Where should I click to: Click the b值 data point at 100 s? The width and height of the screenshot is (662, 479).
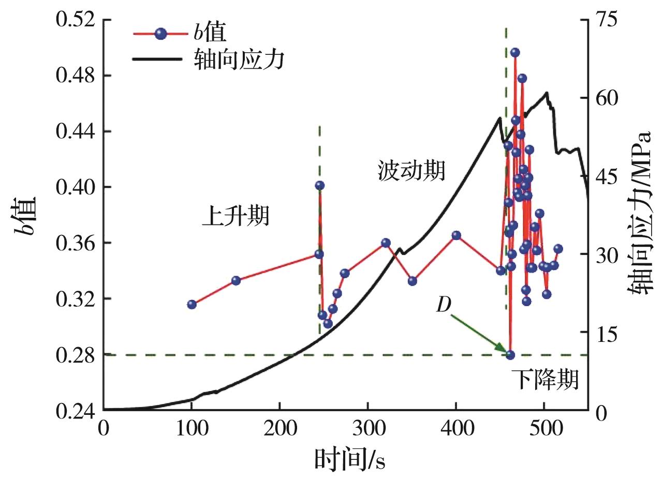[192, 304]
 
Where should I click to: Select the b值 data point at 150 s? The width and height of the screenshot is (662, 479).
[236, 280]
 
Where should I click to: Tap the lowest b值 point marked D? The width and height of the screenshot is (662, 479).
[510, 355]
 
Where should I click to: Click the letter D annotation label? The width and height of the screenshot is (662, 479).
[444, 306]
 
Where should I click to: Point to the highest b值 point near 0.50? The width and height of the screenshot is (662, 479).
[515, 52]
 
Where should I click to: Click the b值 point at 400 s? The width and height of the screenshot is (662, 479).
[456, 235]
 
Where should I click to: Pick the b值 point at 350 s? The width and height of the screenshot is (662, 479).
[413, 281]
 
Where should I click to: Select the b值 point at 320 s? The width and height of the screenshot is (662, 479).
[386, 243]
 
